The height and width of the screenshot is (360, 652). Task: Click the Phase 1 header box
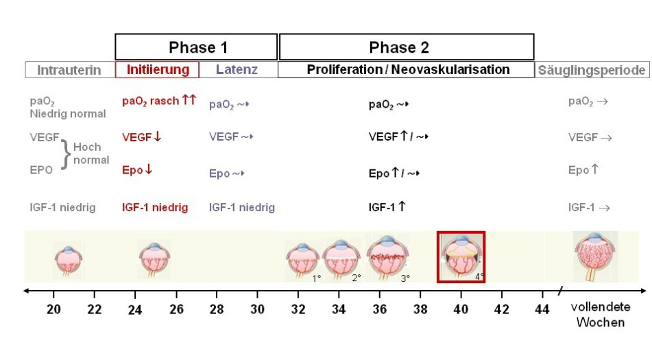pos(197,47)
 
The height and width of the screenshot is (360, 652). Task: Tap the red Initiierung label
pos(157,70)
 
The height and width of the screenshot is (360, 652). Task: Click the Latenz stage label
pos(237,70)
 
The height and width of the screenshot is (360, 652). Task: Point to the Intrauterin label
pos(69,70)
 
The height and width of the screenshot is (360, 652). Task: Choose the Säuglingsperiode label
pos(592,70)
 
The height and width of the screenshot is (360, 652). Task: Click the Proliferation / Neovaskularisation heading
pos(408,70)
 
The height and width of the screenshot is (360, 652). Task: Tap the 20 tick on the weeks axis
pos(53,309)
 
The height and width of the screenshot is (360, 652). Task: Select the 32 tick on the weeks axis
pos(298,309)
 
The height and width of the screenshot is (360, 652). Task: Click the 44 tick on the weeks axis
pos(542,309)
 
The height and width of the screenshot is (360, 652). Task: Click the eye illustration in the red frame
pos(461,256)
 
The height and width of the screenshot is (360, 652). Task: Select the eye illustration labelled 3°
pos(388,256)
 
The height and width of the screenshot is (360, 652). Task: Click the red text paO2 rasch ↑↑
pos(159,101)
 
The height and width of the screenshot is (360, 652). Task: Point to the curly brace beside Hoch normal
pos(67,153)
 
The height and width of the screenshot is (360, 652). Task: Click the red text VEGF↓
pos(142,137)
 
